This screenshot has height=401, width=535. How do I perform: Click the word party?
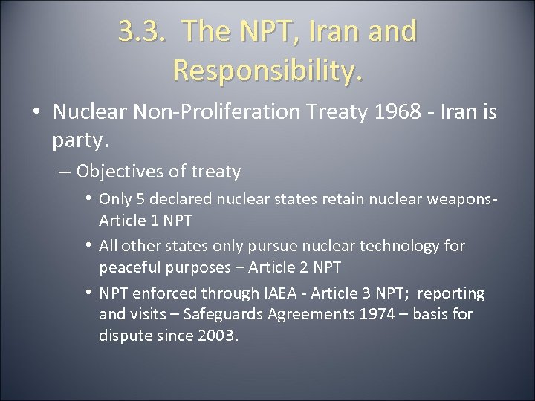(80, 138)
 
